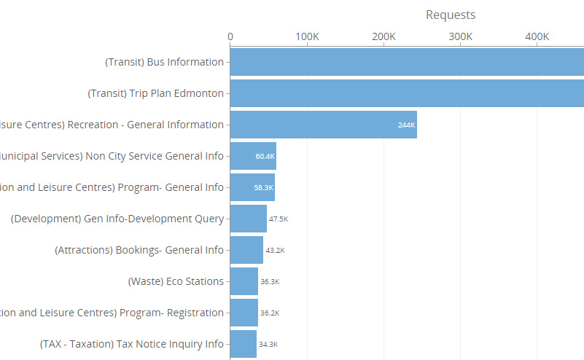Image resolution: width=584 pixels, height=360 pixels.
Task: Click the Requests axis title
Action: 450,15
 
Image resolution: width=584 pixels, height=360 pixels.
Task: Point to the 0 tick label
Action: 230,37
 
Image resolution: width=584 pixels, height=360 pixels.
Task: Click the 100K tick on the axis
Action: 307,37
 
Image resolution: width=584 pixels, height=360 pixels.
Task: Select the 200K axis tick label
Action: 384,37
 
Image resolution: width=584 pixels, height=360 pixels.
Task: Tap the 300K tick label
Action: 460,37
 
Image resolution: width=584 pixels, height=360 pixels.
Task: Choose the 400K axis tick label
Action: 537,37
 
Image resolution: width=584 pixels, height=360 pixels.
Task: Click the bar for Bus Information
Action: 407,62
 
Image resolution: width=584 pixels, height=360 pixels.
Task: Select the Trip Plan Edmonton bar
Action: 407,93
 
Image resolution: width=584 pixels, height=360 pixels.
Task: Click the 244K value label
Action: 406,125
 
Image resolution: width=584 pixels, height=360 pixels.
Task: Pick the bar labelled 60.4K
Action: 253,156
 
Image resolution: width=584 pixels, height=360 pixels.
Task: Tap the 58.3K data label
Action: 264,187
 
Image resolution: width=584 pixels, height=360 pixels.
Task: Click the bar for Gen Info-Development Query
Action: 248,219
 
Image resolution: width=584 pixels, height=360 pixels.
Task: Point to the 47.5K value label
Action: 279,219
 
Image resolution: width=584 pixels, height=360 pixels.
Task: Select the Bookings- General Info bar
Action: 246,250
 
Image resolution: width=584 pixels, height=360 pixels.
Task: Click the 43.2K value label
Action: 275,250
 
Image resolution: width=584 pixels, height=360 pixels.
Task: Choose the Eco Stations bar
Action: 244,281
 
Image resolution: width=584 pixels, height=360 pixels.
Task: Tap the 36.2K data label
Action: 270,313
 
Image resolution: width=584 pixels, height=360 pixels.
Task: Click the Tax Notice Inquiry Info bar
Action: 244,344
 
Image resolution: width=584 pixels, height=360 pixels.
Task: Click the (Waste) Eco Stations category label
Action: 176,281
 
